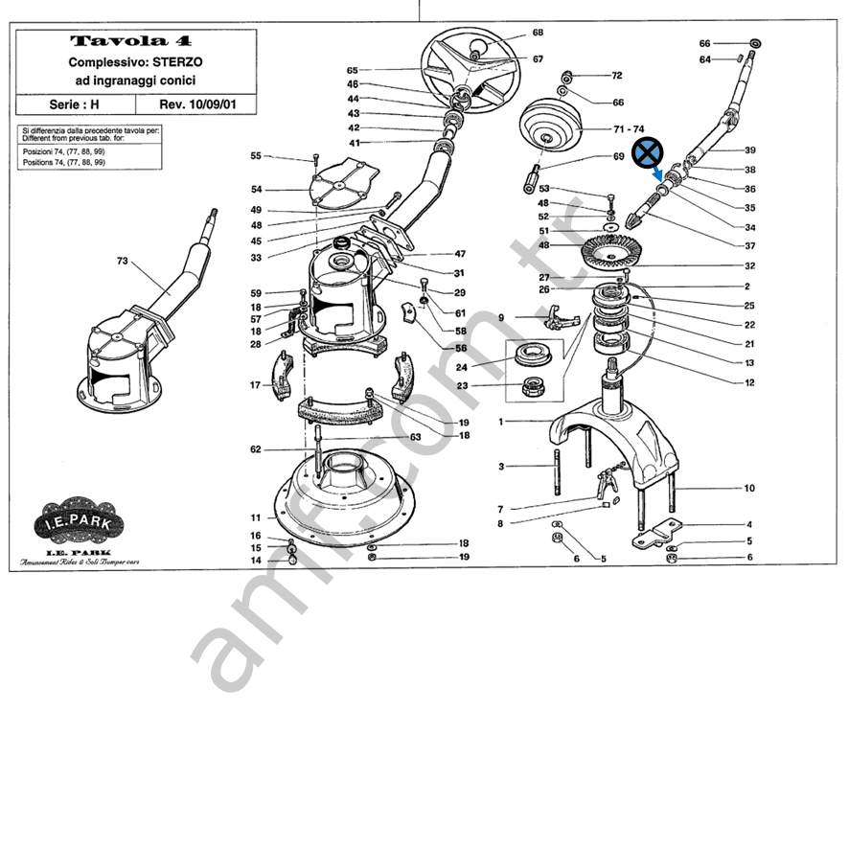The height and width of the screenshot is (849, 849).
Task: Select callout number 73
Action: tap(122, 261)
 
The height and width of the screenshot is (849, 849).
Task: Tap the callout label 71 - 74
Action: tap(629, 128)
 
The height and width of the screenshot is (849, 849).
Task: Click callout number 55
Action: tap(256, 155)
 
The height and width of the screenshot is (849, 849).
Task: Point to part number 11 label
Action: tap(256, 516)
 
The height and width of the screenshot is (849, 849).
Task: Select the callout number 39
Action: tap(750, 149)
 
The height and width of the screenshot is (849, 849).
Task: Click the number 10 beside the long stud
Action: tap(749, 489)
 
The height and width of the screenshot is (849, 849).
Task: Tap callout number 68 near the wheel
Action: tap(538, 32)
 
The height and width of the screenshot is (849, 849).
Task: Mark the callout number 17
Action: tap(256, 385)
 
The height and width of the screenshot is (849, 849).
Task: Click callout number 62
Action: tap(256, 449)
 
